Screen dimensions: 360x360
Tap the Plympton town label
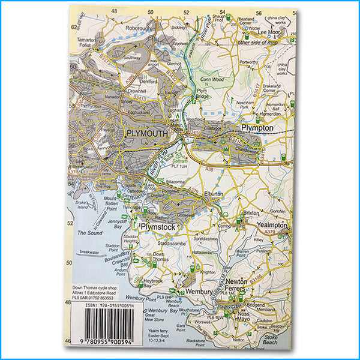pyautogui.click(x=257, y=128)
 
